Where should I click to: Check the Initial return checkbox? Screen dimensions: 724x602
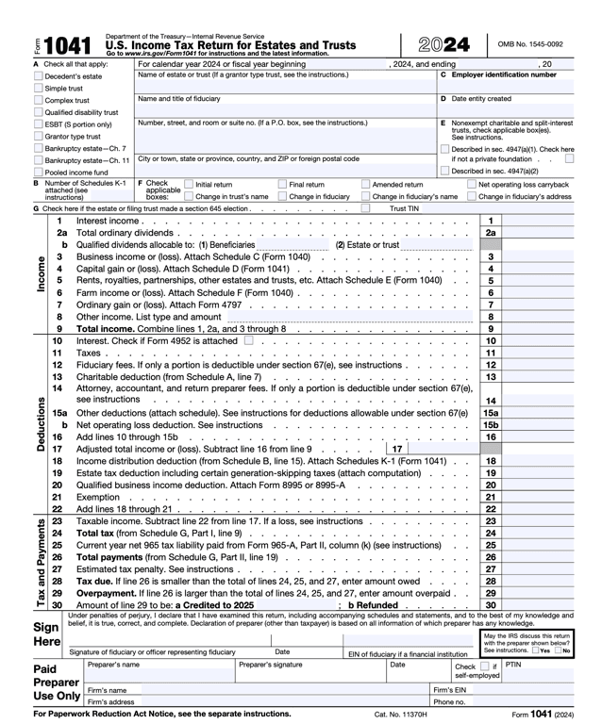click(188, 185)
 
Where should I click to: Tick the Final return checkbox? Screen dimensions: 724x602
click(281, 185)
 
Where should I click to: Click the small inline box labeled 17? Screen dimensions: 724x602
click(397, 449)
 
